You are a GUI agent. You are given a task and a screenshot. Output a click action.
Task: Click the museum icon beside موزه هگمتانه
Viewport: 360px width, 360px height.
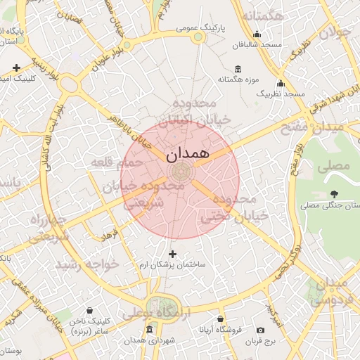pyautogui.click(x=237, y=69)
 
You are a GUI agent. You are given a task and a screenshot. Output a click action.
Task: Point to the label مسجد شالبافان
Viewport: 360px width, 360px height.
pyautogui.click(x=258, y=44)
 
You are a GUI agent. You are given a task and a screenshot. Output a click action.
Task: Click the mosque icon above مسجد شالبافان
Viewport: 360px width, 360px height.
pyautogui.click(x=257, y=33)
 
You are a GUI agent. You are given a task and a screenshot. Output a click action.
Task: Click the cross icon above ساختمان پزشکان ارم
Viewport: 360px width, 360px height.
pyautogui.click(x=172, y=252)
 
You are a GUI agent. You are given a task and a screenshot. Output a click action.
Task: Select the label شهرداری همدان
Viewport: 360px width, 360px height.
pyautogui.click(x=149, y=340)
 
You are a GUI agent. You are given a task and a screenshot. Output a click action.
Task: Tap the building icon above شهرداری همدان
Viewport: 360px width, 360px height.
pyautogui.click(x=148, y=329)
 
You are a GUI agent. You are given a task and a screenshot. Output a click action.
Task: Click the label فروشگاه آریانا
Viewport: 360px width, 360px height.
pyautogui.click(x=220, y=329)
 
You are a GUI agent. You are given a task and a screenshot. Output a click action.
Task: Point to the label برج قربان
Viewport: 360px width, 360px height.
pyautogui.click(x=261, y=341)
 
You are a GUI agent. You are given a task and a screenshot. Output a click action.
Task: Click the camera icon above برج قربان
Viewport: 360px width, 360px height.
pyautogui.click(x=260, y=330)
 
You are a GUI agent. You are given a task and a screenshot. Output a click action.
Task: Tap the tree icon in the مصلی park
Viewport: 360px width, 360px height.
pyautogui.click(x=333, y=194)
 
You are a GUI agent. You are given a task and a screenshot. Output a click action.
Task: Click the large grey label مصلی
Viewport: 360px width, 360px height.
pyautogui.click(x=334, y=167)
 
